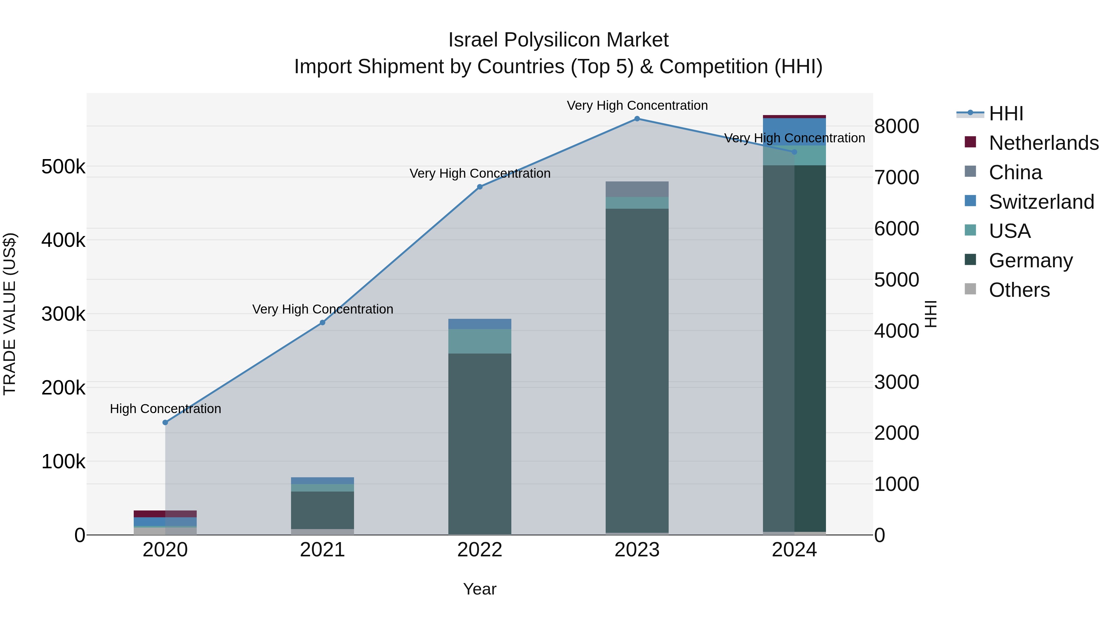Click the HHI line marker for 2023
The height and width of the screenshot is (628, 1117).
637,119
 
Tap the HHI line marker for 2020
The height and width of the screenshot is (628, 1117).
165,423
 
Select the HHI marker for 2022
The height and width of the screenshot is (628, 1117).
480,187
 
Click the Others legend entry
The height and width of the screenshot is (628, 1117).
1019,290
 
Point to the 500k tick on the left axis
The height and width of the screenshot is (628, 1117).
63,167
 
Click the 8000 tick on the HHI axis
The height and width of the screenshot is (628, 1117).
896,127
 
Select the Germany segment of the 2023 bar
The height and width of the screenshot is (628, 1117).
637,368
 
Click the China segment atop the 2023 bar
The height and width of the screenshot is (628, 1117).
637,189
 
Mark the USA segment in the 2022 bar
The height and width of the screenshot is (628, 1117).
480,341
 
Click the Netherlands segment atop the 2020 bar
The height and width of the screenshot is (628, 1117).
165,514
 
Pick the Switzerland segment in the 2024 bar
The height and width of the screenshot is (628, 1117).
794,131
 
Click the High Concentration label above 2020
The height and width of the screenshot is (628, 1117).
165,409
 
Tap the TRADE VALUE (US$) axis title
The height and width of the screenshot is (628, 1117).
10,314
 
